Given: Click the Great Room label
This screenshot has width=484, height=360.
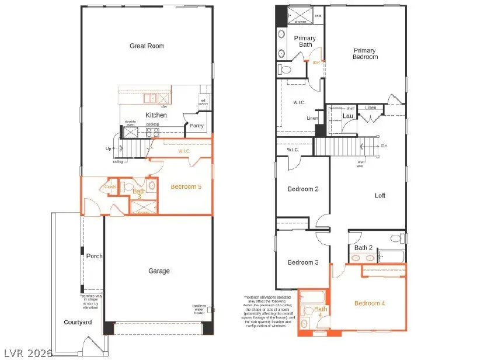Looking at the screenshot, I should click(x=147, y=46).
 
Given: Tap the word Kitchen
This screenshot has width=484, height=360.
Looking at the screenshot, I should click(x=156, y=115).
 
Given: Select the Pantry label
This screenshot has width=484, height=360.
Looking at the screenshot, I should click(x=196, y=125).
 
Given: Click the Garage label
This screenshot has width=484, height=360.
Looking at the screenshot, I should click(x=159, y=271).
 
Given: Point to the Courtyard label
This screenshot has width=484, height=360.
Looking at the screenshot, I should click(x=78, y=322).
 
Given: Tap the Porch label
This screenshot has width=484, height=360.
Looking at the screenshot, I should click(x=95, y=256).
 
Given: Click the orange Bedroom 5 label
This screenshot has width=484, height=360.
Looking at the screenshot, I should click(x=186, y=187).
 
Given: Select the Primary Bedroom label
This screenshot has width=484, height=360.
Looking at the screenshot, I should click(x=365, y=54).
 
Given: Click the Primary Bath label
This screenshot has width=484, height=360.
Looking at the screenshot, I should click(x=305, y=42).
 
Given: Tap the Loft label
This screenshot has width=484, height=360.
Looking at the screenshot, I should click(x=380, y=196).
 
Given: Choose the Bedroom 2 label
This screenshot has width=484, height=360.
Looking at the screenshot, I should click(x=302, y=189).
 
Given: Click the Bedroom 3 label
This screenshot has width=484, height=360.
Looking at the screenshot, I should click(x=302, y=262).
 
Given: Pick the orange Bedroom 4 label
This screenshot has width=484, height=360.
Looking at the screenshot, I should click(x=370, y=303).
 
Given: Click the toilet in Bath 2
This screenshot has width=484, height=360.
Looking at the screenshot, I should click(x=396, y=238).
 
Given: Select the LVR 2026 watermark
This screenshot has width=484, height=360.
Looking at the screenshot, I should click(x=26, y=353).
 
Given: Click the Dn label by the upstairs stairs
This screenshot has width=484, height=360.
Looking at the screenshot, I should click(x=384, y=146).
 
